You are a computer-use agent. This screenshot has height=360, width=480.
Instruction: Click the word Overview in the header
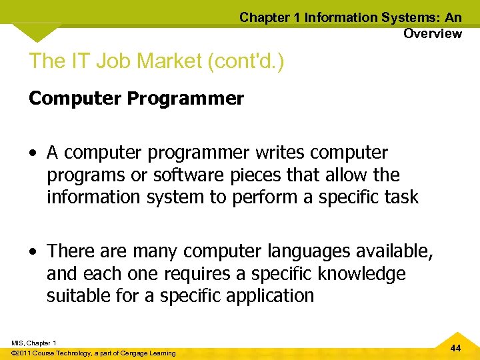pos(432,33)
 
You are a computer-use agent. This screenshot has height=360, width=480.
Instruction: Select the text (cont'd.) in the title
pos(246,61)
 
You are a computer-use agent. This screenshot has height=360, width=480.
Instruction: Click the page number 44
pos(455,349)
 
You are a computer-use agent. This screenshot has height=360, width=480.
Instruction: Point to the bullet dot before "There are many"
pos(33,252)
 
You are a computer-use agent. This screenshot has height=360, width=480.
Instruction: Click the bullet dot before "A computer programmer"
pos(33,153)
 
